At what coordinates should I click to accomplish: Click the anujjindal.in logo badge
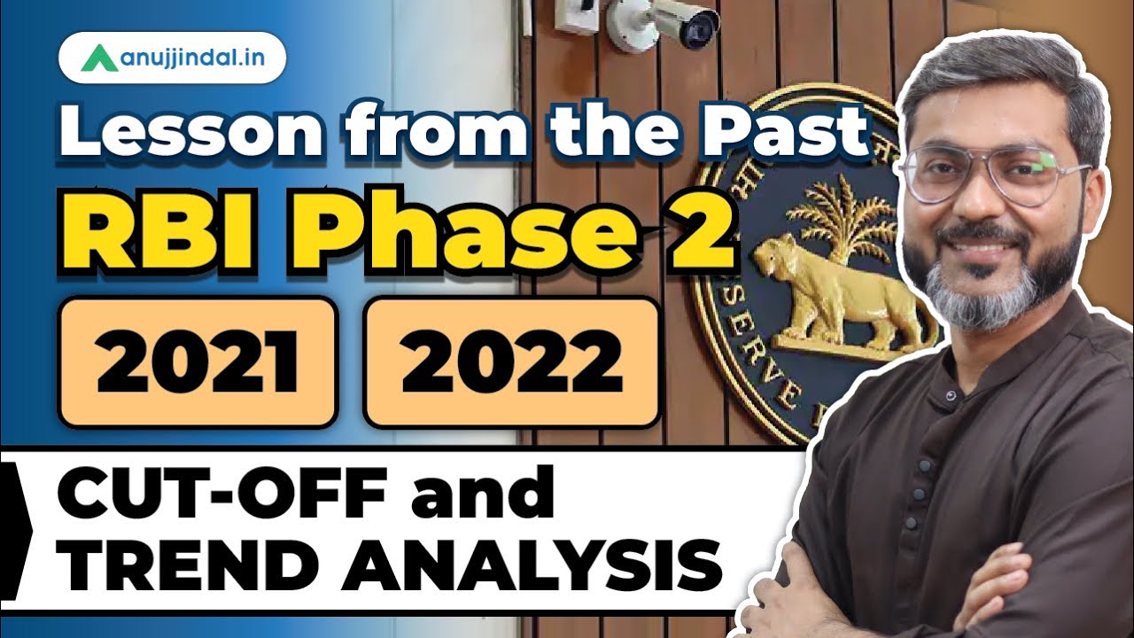(172, 59)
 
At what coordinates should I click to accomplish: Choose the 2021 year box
(197, 362)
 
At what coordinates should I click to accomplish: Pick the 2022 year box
(511, 362)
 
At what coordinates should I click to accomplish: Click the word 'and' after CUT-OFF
(497, 497)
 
